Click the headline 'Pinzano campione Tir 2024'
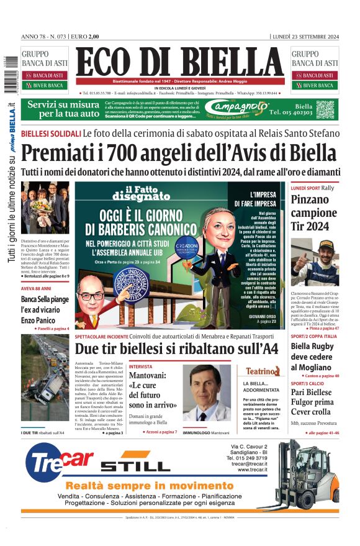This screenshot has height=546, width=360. point(312,213)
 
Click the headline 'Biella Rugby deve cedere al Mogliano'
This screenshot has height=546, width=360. point(315,356)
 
